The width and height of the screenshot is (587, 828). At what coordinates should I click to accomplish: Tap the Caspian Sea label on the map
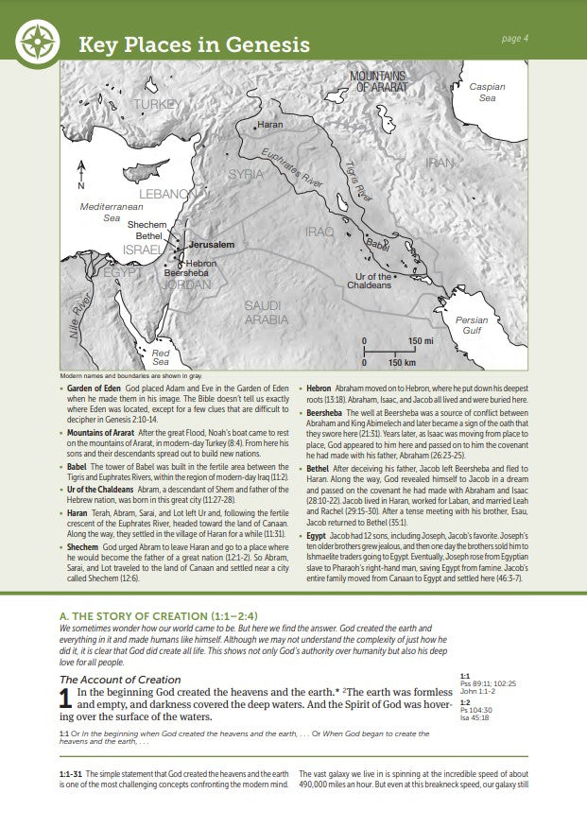pos(487,92)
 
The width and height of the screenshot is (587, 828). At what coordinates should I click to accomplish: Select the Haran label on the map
pos(270,125)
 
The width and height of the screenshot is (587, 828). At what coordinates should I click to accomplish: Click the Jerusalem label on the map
pos(211,244)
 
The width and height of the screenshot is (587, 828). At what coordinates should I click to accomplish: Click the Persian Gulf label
pos(472,325)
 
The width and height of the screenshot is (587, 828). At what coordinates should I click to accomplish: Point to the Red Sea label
pos(161,356)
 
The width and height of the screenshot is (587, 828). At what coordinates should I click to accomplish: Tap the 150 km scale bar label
pos(403,362)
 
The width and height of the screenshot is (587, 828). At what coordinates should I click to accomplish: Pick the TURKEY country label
pos(157,103)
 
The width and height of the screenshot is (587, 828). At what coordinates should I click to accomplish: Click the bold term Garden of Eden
pos(95,388)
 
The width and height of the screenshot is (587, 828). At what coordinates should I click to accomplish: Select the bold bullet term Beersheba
pos(331,412)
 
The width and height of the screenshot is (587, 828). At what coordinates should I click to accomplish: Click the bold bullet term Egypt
pos(318,508)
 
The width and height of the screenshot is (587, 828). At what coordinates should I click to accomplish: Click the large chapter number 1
pos(66,700)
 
